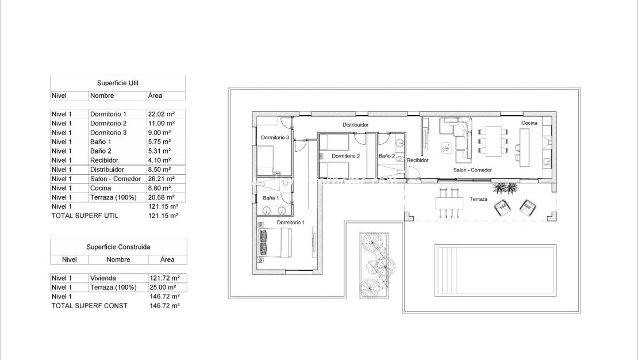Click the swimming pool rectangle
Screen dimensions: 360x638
(495, 270)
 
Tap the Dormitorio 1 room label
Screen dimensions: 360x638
(291, 222)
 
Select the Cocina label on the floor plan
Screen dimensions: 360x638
(529, 123)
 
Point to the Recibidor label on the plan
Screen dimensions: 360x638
(417, 160)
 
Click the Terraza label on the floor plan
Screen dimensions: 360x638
(478, 199)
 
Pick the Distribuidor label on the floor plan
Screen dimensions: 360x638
(355, 124)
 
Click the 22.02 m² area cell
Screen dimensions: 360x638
(161, 114)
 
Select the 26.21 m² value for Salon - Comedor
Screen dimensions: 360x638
(161, 179)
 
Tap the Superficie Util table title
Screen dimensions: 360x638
(117, 83)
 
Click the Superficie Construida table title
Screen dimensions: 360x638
(118, 247)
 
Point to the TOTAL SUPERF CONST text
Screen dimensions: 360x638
(90, 306)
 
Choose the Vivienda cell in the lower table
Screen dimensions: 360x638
(103, 278)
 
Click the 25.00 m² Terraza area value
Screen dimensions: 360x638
(164, 288)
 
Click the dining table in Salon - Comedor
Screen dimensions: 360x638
(493, 140)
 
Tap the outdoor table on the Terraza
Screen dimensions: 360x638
(449, 203)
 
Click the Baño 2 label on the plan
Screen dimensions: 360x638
(387, 156)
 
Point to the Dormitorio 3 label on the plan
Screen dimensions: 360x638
(275, 137)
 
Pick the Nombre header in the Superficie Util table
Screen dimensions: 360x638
(102, 96)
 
